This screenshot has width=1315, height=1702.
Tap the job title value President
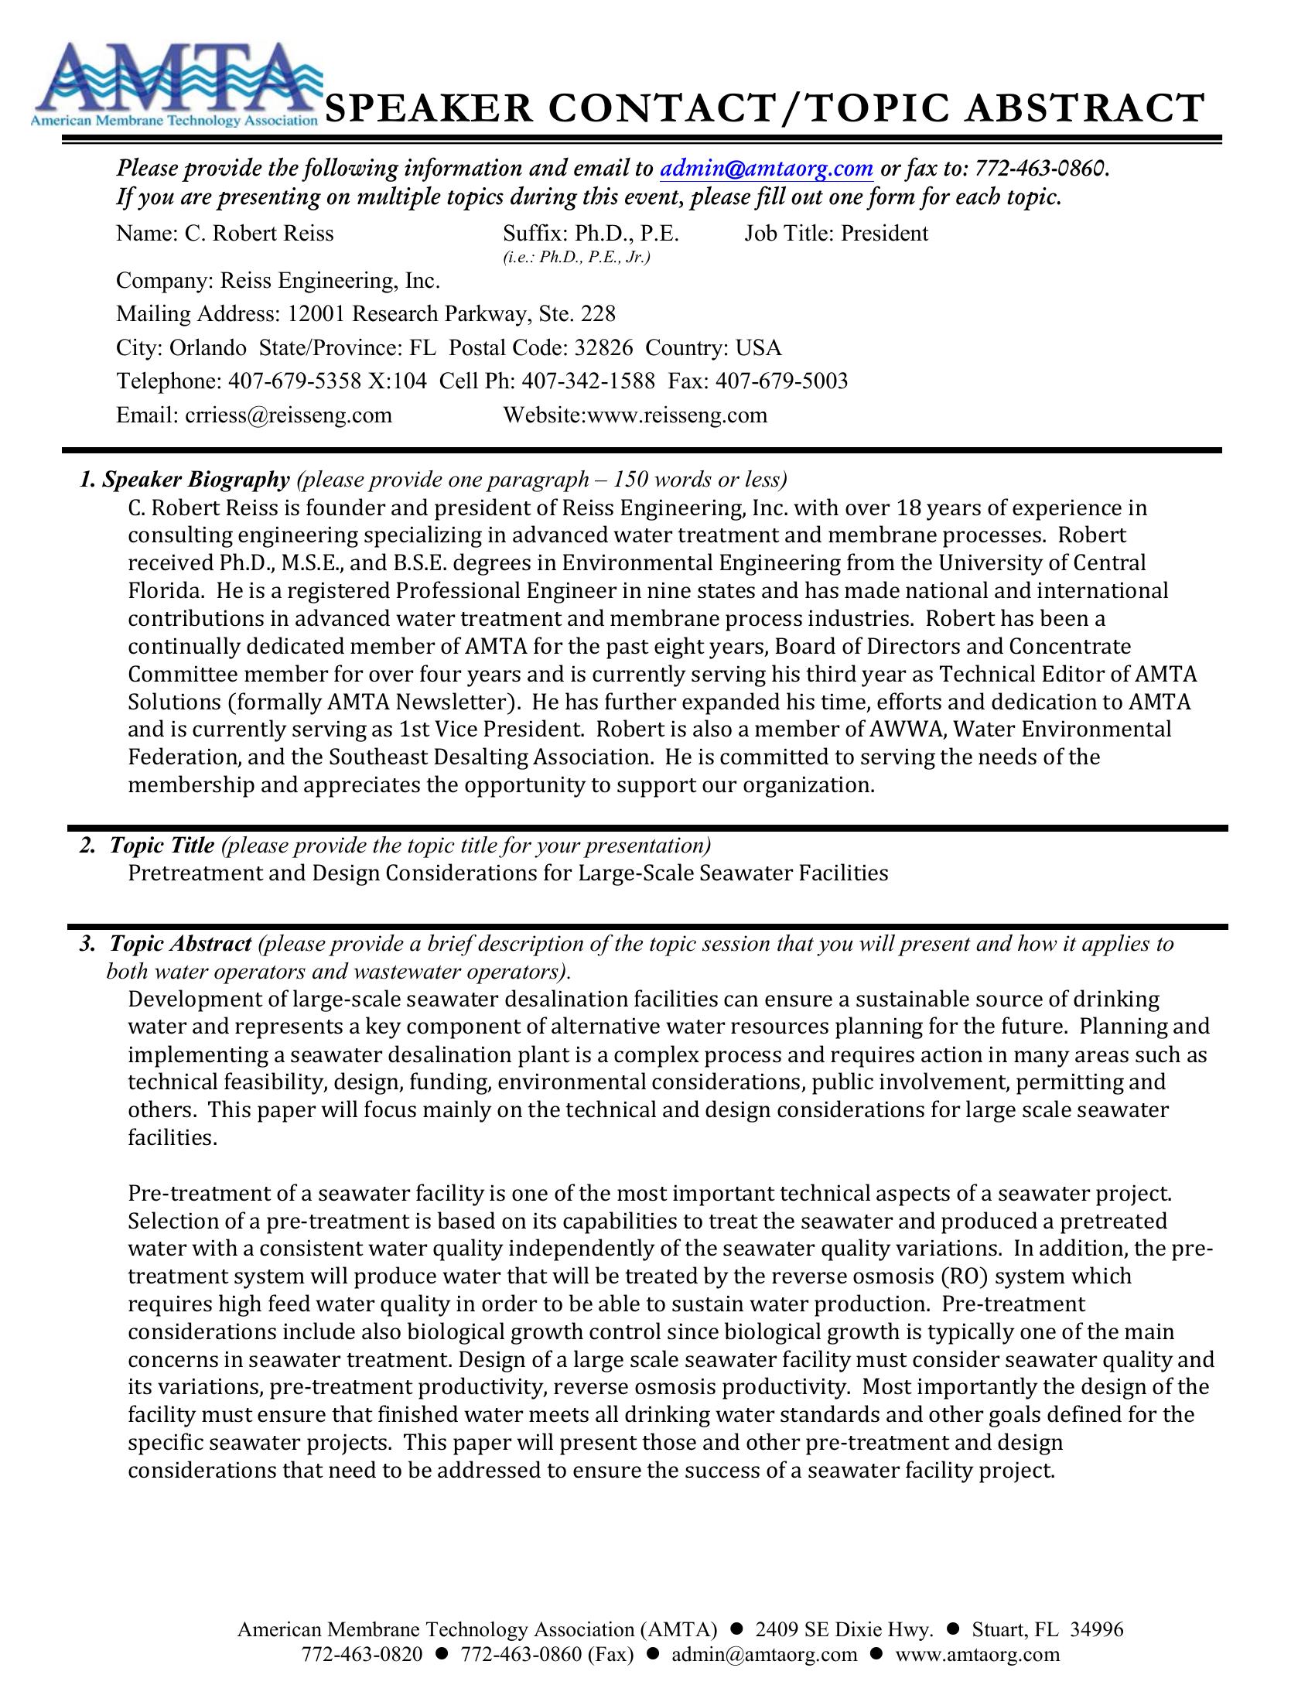tap(883, 233)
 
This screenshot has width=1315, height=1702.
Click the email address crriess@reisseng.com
tap(289, 415)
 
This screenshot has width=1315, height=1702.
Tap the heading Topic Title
tap(161, 846)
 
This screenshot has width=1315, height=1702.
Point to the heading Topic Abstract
tap(180, 944)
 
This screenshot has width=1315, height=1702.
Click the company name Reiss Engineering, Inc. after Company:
tap(330, 280)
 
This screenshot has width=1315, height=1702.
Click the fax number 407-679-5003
tap(781, 381)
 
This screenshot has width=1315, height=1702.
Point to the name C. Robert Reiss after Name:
tap(258, 233)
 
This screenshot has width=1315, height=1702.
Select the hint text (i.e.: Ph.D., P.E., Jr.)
tap(576, 257)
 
